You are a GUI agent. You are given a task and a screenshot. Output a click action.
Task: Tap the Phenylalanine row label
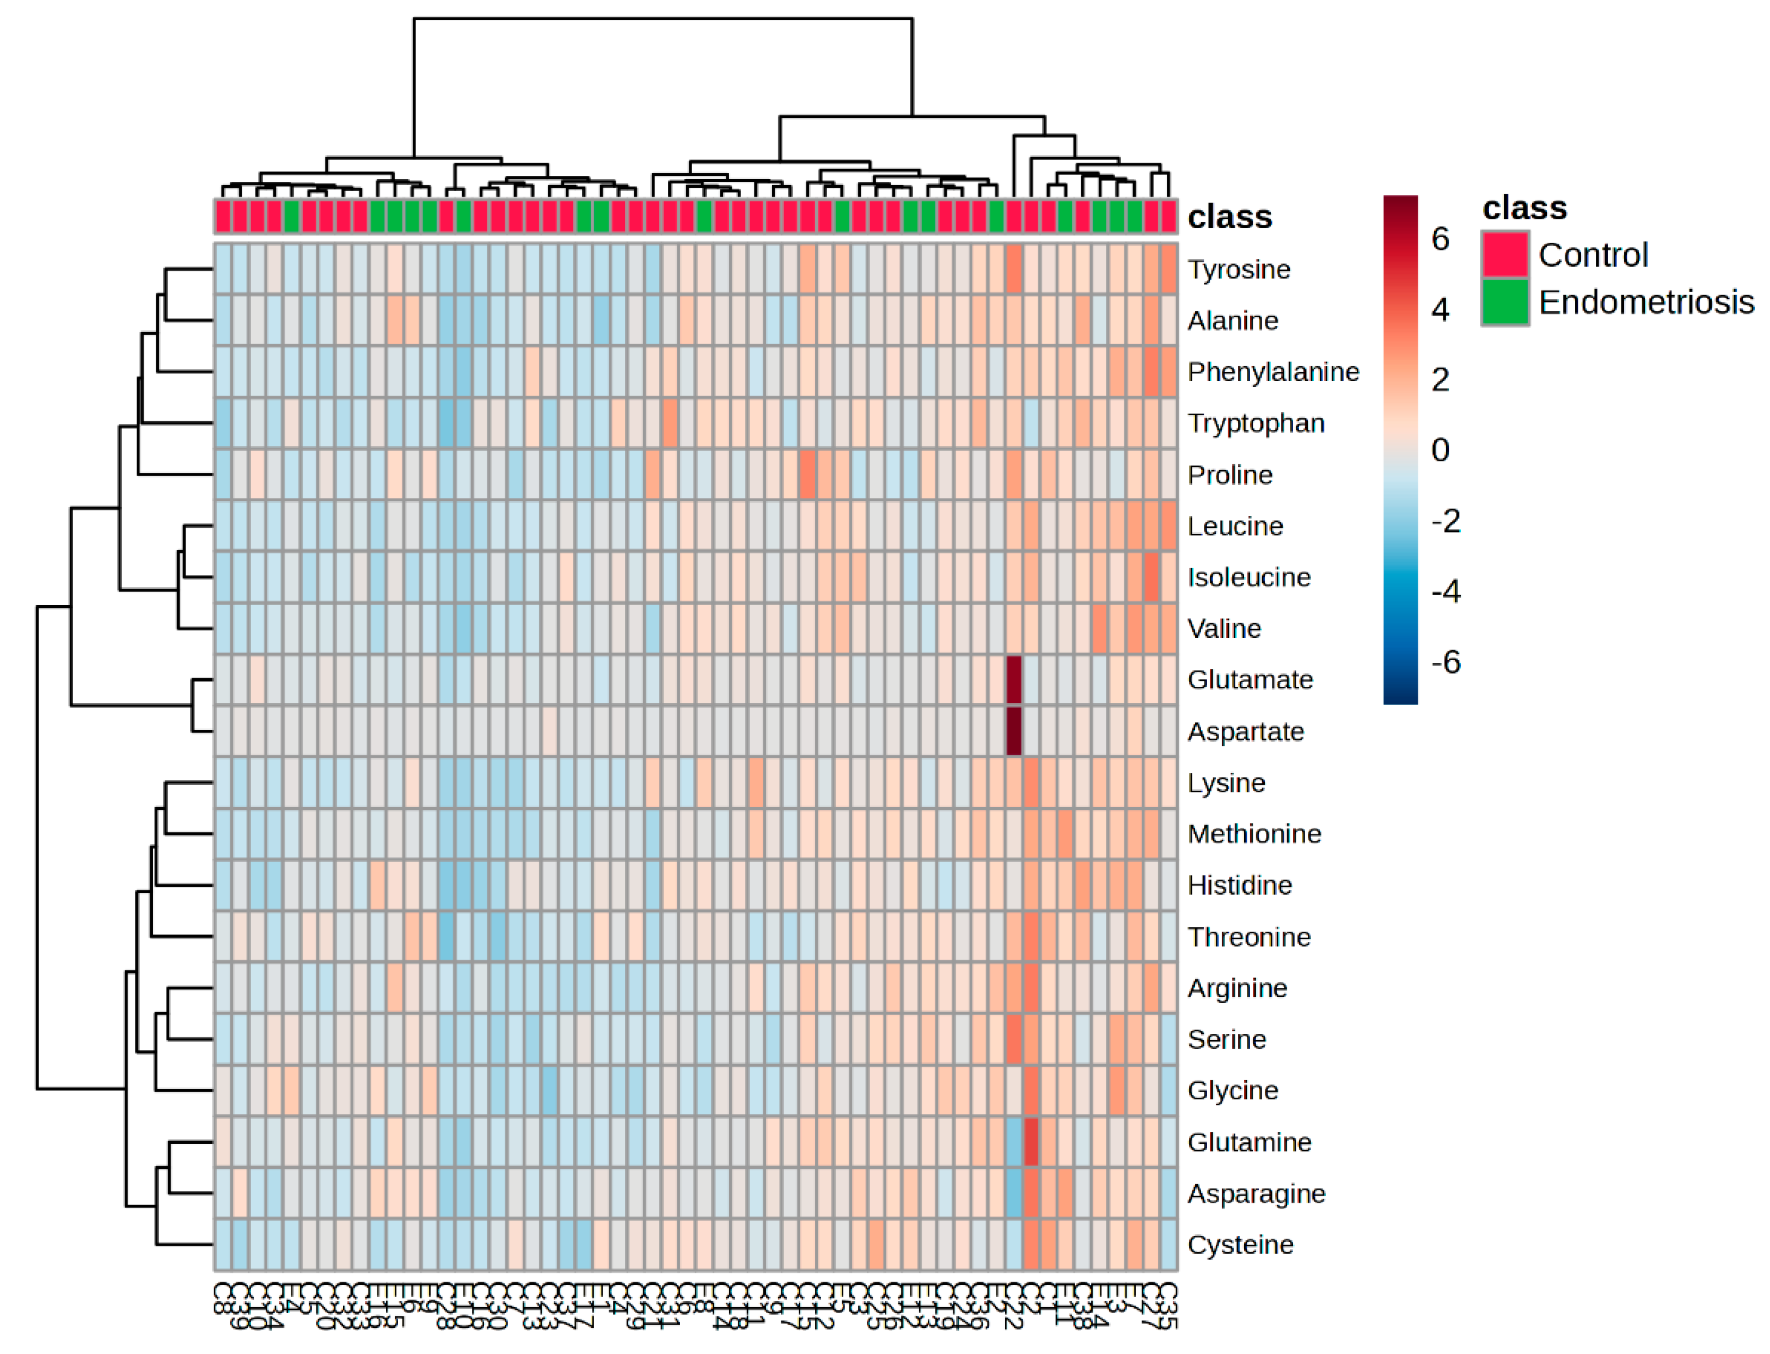point(1272,372)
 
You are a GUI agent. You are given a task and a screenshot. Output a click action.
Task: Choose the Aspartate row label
point(1245,731)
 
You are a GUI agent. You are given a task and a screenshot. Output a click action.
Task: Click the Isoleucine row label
point(1248,577)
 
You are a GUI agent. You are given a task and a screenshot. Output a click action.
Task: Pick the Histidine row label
point(1239,885)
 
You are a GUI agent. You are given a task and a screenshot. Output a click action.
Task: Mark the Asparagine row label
point(1255,1193)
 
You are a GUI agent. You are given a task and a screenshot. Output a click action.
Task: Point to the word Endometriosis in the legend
point(1645,302)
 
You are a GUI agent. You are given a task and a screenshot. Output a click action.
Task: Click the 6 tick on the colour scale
point(1440,238)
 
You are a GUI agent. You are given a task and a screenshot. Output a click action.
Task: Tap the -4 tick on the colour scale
point(1445,592)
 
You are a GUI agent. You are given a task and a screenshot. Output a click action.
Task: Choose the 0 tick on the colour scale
point(1440,450)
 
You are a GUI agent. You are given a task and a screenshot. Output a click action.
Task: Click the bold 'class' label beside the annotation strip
point(1229,217)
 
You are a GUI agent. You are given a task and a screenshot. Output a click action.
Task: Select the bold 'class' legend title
point(1524,208)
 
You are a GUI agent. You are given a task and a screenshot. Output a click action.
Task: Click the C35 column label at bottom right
point(1168,1306)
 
